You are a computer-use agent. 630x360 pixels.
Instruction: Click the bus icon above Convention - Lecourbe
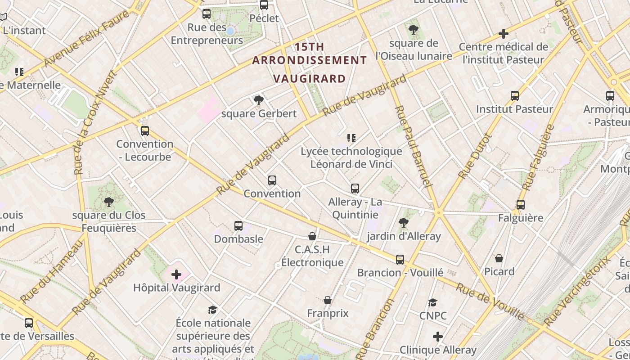[144, 131]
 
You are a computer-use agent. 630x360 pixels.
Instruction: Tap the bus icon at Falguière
[521, 205]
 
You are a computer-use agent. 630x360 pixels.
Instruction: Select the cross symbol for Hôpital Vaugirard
[176, 274]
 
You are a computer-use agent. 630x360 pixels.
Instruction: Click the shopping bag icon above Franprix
[328, 300]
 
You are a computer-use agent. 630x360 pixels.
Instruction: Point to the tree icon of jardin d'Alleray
[403, 222]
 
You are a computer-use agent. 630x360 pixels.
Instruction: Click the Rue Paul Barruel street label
[413, 147]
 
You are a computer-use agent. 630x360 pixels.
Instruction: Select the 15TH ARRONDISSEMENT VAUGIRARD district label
[309, 63]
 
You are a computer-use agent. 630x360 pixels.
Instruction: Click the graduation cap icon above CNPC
[432, 302]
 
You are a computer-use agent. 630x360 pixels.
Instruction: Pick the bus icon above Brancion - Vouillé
[400, 260]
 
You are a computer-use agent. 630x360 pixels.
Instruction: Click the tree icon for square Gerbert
[258, 100]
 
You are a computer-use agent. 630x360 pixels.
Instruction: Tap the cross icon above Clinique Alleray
[438, 337]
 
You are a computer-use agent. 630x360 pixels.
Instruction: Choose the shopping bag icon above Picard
[499, 258]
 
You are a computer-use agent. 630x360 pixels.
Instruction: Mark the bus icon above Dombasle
[238, 226]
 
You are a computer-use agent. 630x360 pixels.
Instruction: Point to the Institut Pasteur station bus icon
[515, 96]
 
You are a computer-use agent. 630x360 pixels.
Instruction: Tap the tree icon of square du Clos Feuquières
[108, 202]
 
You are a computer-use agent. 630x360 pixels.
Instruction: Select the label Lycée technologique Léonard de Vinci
[351, 157]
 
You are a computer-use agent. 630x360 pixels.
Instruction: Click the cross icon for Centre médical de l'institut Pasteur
[504, 34]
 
